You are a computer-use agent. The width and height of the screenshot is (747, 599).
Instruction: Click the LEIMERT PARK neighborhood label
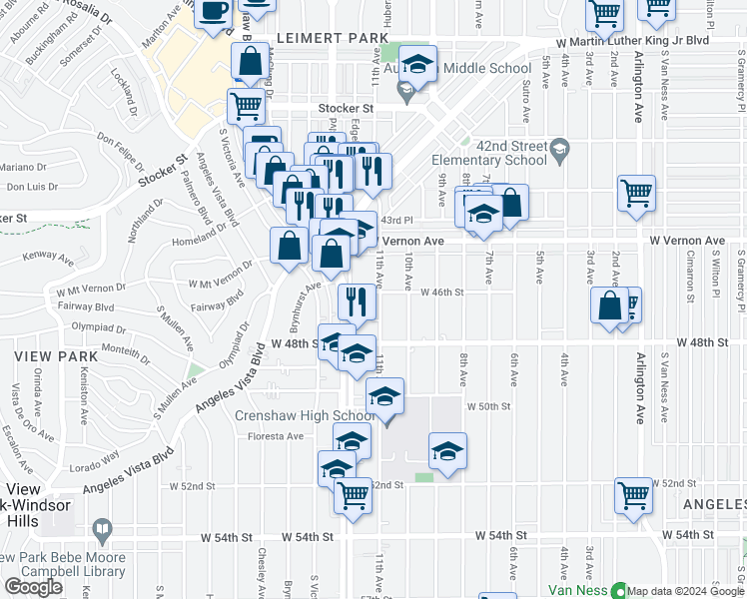[318, 38]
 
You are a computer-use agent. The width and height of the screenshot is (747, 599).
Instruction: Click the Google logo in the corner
[34, 587]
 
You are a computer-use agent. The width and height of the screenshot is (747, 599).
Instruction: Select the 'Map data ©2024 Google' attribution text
[685, 591]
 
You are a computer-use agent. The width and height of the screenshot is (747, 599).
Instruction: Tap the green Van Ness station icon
[617, 590]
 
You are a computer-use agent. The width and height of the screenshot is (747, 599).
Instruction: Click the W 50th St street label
[489, 406]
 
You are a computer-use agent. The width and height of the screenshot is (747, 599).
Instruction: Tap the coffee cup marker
[213, 12]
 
